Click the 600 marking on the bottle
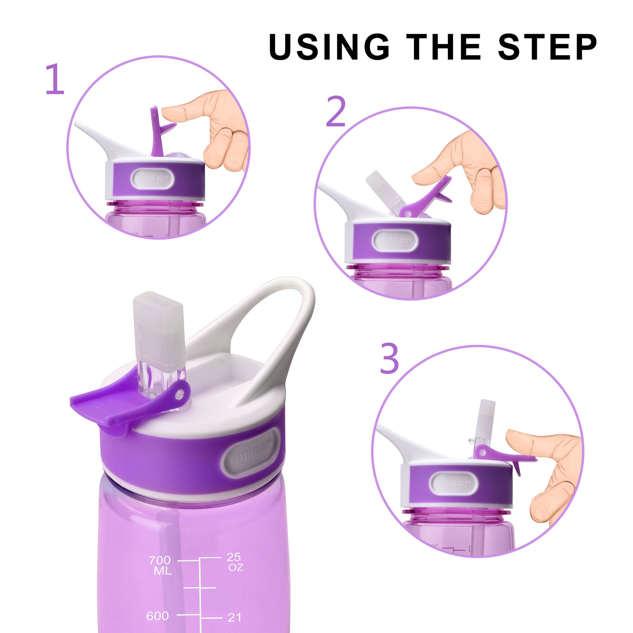(x=158, y=588)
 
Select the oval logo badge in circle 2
(x=397, y=241)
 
